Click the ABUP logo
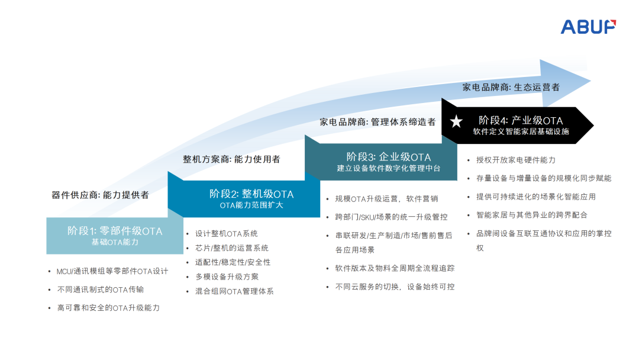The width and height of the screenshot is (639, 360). click(x=588, y=26)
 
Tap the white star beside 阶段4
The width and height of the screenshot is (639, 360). click(x=456, y=122)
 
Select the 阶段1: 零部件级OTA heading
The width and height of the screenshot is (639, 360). click(x=115, y=231)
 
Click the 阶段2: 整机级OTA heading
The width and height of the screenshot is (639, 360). click(x=251, y=194)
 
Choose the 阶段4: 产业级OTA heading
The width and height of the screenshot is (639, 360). click(x=521, y=121)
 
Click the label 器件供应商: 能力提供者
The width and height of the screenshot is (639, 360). click(x=100, y=195)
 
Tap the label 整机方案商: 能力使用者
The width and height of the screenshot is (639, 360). click(x=231, y=159)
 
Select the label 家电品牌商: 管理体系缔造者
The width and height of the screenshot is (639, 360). click(x=377, y=122)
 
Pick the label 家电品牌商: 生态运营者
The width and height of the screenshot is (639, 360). click(x=511, y=87)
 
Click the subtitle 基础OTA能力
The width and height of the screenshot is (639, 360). click(x=115, y=242)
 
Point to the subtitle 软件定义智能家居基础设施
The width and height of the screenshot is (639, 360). click(x=521, y=131)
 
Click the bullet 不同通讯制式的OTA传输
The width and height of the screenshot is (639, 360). click(x=101, y=290)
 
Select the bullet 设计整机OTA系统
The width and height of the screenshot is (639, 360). click(x=227, y=234)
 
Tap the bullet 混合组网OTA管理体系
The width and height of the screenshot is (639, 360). click(x=234, y=291)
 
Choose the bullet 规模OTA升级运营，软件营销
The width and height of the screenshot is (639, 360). click(x=386, y=199)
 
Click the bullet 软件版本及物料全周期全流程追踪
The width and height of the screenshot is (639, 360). click(x=395, y=268)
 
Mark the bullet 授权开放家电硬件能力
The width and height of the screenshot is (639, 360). click(x=516, y=160)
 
